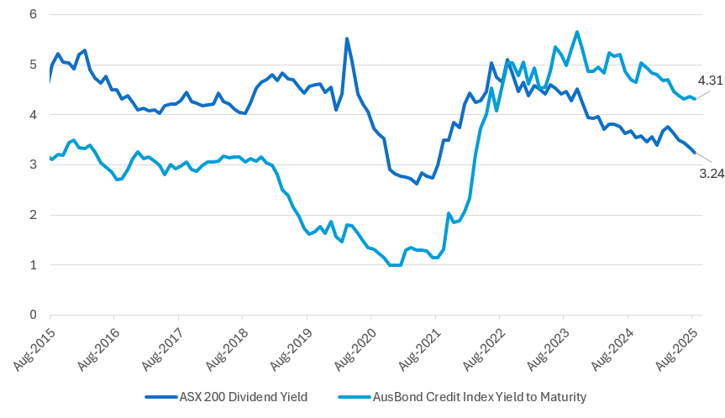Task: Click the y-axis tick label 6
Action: (x=33, y=14)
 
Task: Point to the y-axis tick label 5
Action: (x=33, y=65)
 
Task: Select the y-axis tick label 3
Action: (x=33, y=165)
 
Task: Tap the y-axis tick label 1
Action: (x=33, y=265)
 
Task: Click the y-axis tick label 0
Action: (x=33, y=316)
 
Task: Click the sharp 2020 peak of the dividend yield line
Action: (x=347, y=39)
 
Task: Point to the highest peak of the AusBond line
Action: (x=577, y=32)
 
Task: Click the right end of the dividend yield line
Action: (x=694, y=152)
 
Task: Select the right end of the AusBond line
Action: (x=694, y=99)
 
